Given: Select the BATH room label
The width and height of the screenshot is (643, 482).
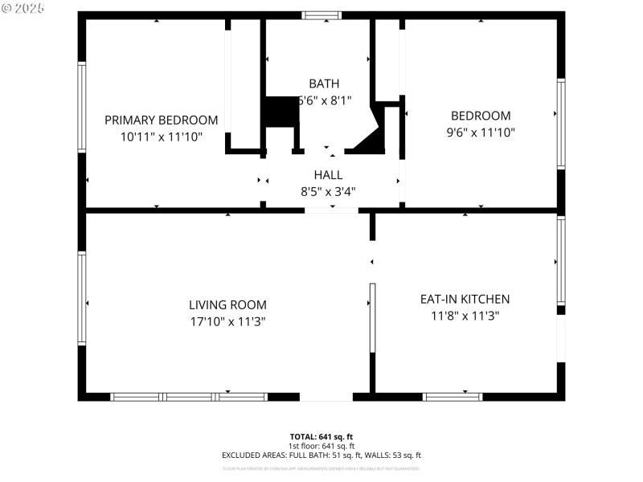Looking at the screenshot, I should click(x=324, y=84).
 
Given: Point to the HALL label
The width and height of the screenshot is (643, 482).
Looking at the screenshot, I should click(x=328, y=174).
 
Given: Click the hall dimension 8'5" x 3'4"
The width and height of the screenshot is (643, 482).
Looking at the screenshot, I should click(x=328, y=191).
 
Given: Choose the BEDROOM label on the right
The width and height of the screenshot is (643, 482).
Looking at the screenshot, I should click(x=480, y=116).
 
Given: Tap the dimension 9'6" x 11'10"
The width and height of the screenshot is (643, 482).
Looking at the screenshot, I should click(x=480, y=133).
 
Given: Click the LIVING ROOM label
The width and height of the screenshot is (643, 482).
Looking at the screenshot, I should click(x=227, y=304).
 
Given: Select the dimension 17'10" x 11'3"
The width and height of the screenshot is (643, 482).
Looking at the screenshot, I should click(x=227, y=321).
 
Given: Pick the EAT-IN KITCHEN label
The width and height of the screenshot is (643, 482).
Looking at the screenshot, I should click(x=465, y=299).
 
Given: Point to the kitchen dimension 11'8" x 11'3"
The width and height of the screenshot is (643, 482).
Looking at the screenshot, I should click(x=465, y=316).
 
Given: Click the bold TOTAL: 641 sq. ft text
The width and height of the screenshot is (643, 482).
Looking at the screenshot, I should click(x=321, y=436).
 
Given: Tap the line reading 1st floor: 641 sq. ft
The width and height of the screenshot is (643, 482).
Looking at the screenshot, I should click(x=321, y=446).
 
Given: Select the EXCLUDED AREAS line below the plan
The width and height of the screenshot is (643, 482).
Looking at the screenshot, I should click(x=321, y=455).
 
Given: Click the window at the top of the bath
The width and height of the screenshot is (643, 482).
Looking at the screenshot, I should click(x=321, y=14).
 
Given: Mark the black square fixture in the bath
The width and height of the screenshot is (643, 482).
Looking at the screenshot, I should click(x=281, y=112).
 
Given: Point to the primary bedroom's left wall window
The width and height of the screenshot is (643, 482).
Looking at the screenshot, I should click(x=81, y=107).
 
